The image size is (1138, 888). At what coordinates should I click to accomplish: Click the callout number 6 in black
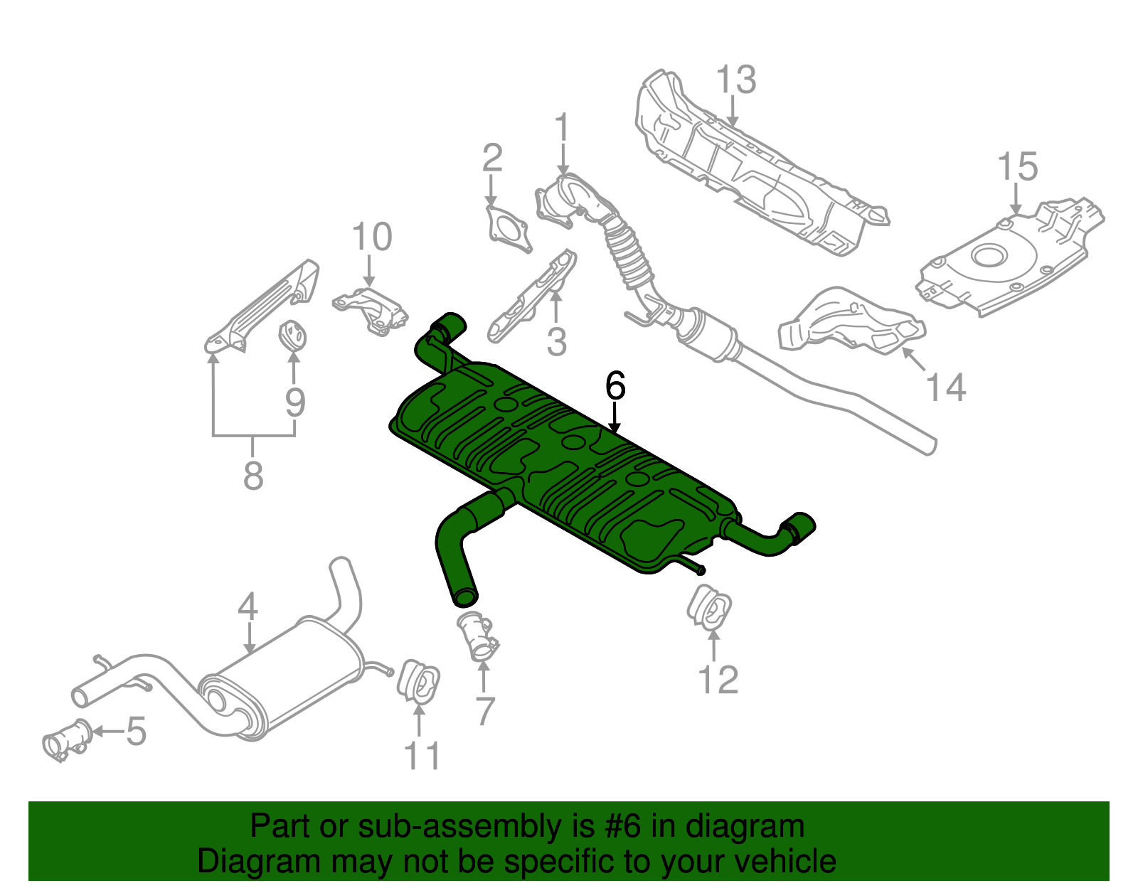click(615, 387)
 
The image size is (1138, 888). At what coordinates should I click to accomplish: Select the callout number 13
click(735, 80)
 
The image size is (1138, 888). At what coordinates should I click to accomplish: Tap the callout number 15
click(1017, 167)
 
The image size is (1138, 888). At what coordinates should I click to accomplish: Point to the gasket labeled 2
click(508, 229)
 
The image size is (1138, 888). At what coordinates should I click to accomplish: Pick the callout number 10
click(372, 237)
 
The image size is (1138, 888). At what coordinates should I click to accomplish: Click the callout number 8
click(253, 476)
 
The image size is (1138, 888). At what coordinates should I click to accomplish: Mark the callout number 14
click(946, 388)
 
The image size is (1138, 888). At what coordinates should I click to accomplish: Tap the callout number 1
click(562, 128)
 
